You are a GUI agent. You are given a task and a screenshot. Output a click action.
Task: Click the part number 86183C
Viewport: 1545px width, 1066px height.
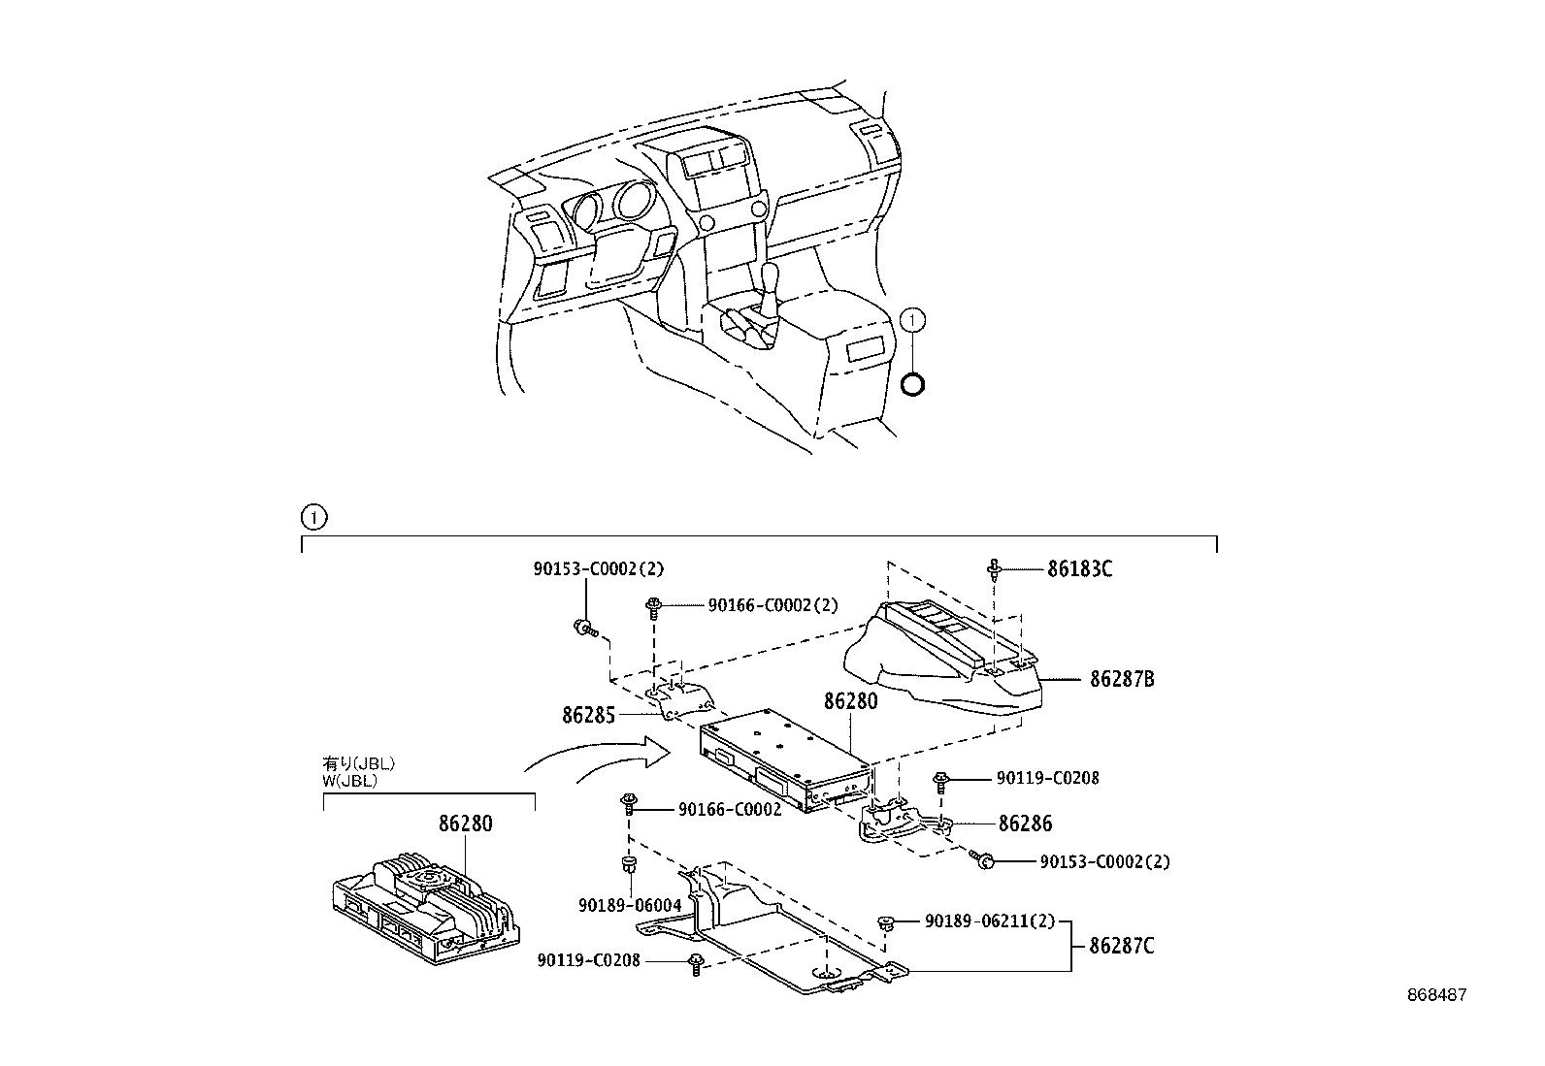coord(1079,569)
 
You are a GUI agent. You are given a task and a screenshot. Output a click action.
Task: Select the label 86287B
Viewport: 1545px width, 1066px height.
coord(1122,679)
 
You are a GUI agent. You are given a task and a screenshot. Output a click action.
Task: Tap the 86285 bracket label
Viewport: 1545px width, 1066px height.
coord(588,716)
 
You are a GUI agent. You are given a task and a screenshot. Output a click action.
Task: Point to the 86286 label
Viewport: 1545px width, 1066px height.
coord(1025,824)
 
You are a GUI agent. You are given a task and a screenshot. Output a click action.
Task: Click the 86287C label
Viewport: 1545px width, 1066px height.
coord(1122,945)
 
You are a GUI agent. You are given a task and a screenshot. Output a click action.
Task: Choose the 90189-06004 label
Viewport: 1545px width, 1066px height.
coord(630,904)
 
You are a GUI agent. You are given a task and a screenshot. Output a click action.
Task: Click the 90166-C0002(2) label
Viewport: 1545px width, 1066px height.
coord(772,605)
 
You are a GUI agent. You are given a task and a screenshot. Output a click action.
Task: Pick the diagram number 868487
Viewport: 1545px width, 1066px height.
coord(1437,995)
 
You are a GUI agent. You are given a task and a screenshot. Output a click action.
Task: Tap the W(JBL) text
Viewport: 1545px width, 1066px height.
coord(349,780)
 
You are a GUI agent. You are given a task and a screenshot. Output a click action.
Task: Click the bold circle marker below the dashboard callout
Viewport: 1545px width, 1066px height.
coord(913,384)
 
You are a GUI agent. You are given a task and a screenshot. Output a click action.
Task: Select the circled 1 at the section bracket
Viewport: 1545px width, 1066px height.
coord(314,517)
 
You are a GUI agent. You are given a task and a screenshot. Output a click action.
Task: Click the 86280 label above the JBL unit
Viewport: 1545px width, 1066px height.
coord(465,824)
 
